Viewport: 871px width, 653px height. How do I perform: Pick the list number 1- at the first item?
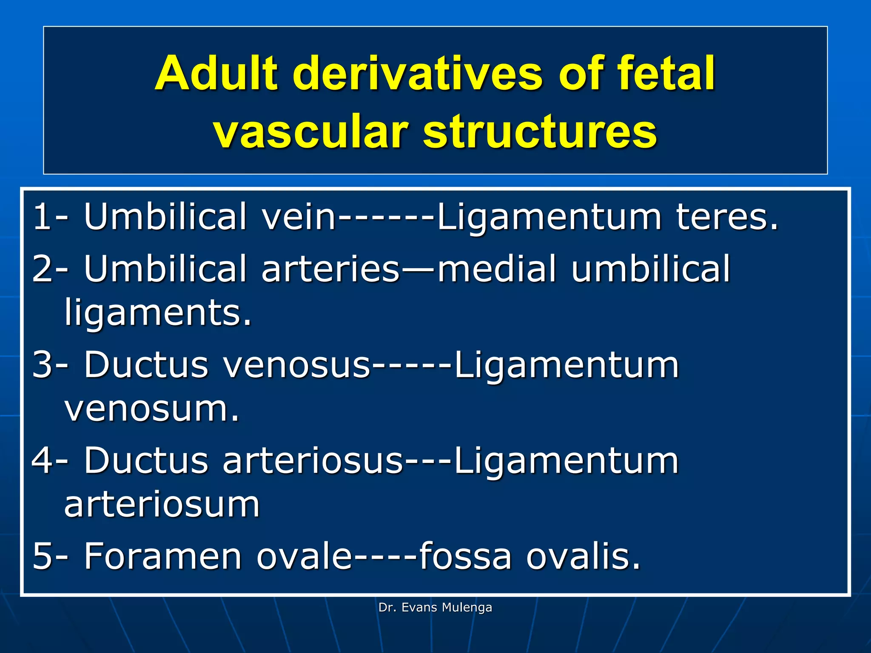pos(50,217)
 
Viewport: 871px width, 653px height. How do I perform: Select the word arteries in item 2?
pos(331,269)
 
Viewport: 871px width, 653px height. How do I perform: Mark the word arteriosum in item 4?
pos(162,505)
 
